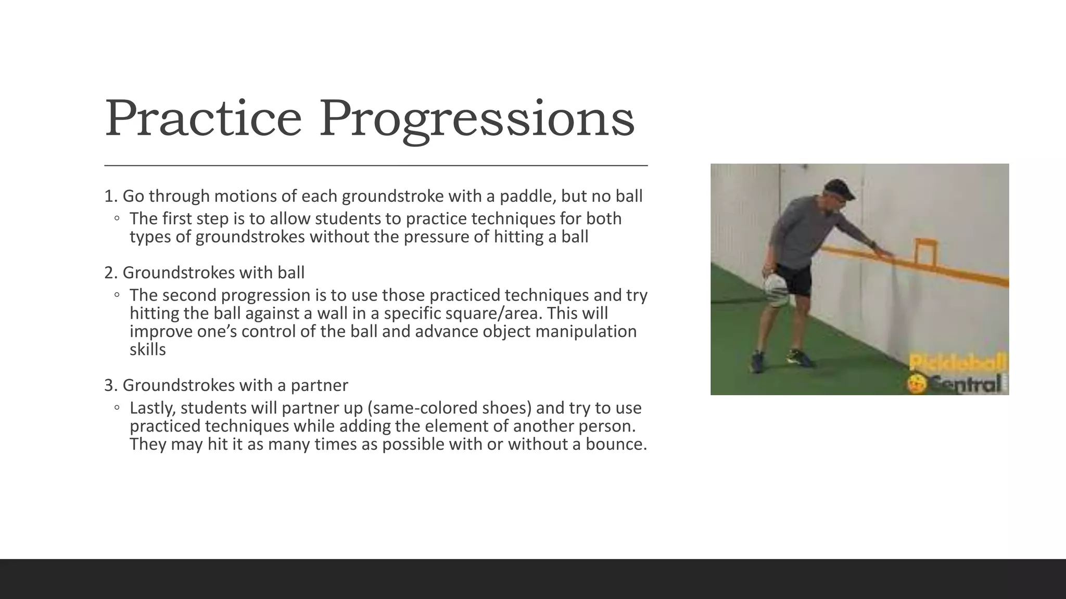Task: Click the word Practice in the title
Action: point(203,119)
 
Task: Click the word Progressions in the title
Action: point(476,120)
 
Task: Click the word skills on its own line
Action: point(147,349)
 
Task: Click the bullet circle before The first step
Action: point(117,218)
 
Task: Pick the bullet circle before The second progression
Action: point(117,295)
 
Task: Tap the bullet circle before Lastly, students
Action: point(117,408)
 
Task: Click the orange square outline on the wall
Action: point(925,252)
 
